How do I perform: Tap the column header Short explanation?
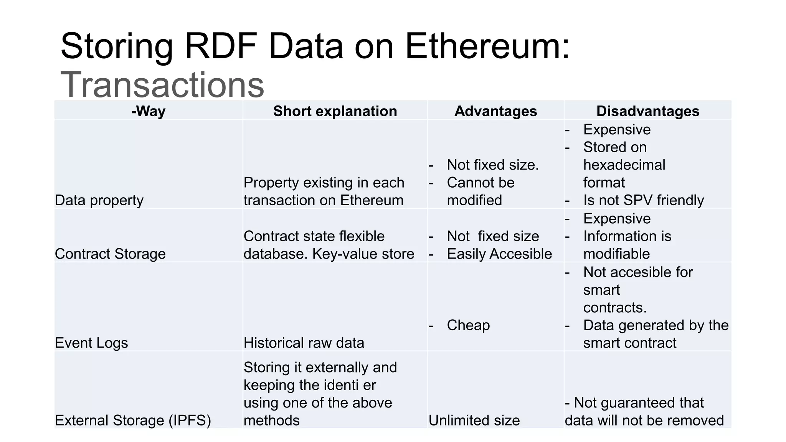335,111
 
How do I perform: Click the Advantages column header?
495,111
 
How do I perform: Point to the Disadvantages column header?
647,111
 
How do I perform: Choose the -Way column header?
148,111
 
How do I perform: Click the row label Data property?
99,200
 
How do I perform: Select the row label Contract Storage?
110,254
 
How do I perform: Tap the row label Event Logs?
91,343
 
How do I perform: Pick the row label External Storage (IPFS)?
133,420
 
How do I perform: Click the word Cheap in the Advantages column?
468,325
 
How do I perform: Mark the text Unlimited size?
474,420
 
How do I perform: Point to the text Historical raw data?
304,343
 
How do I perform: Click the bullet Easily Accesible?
499,254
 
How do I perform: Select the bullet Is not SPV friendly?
643,200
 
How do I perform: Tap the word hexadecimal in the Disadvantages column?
624,165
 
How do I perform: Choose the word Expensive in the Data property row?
617,129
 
